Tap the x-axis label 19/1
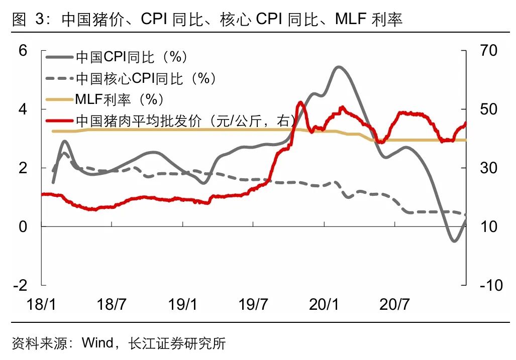(183, 304)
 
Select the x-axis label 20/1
(324, 304)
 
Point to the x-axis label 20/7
(395, 304)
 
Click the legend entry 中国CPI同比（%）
(132, 57)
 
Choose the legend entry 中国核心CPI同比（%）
(146, 78)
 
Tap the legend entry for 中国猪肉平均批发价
(184, 121)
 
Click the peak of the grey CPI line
(338, 67)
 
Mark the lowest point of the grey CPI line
(454, 241)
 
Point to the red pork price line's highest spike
(300, 102)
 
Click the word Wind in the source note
(97, 343)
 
